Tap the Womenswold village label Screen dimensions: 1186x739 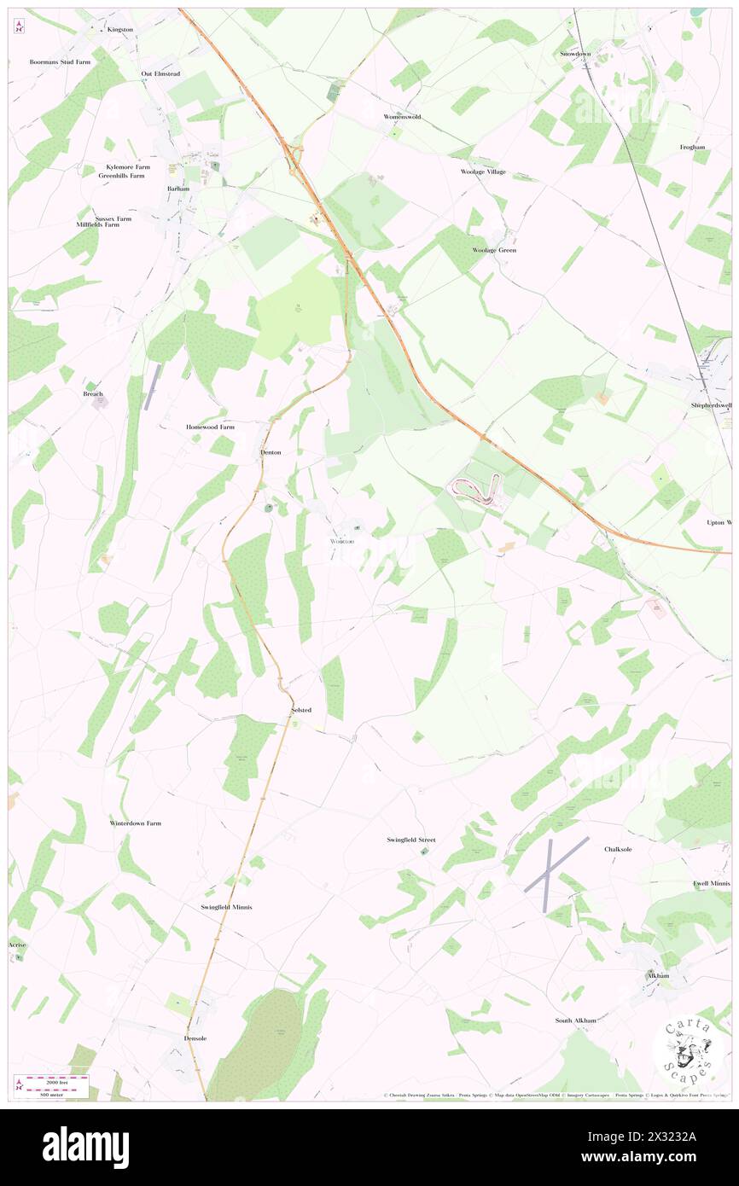[402, 116]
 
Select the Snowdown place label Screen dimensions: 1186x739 [575, 54]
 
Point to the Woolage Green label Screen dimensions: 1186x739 [494, 250]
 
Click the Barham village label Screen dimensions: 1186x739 [178, 188]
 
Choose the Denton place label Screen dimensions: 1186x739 [271, 451]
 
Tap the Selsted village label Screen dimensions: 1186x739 [301, 710]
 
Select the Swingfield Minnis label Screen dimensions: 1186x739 [226, 906]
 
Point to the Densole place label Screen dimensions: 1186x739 [195, 1038]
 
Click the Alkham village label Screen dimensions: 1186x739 [656, 974]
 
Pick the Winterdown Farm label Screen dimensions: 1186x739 [135, 823]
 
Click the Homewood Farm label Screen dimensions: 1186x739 [210, 426]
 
